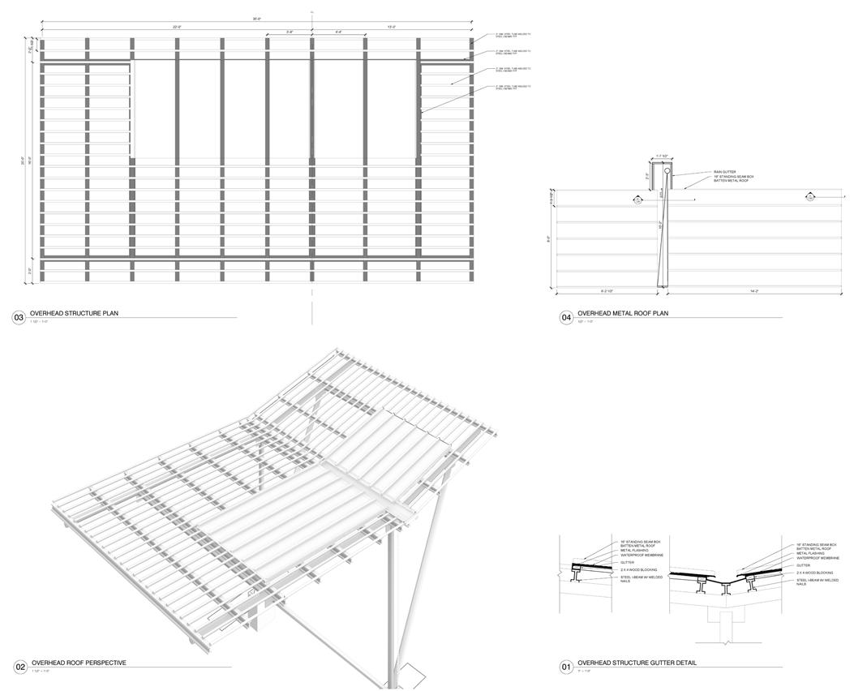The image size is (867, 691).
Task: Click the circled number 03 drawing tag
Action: coord(18,318)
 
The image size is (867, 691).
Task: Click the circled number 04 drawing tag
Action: coord(567,318)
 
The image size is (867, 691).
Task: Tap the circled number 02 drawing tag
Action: coord(20,667)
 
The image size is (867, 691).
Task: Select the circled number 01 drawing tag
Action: coord(567,667)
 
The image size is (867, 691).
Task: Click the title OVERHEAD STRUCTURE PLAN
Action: coord(74,313)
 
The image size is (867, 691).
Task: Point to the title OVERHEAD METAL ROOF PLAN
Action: coord(622,313)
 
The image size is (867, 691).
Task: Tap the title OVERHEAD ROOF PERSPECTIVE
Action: coord(78,663)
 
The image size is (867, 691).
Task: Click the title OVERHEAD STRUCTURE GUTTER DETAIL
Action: coord(637,663)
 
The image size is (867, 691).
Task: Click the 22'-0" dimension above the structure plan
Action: coord(176,27)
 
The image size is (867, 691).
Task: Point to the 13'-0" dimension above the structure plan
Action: coord(391,27)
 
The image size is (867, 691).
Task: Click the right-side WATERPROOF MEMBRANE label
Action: coord(818,558)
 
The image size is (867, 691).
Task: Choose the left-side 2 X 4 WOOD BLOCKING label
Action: coord(640,570)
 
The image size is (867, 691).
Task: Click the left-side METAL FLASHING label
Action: coord(635,551)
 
